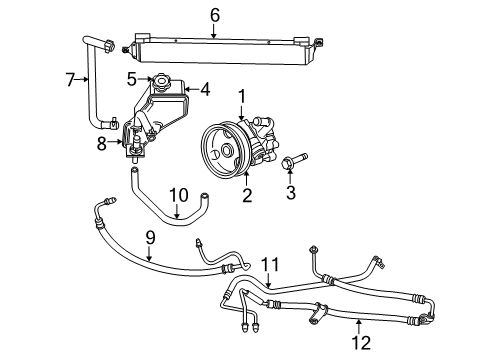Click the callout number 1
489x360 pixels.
pos(241,96)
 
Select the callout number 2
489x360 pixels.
pos(246,196)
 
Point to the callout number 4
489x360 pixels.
pos(206,89)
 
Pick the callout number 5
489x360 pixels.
pos(132,77)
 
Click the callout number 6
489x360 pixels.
pos(214,15)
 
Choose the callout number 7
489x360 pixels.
pos(70,80)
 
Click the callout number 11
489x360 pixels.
pos(267,263)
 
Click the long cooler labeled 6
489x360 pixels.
pos(215,46)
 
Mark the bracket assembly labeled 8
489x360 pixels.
pos(132,140)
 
